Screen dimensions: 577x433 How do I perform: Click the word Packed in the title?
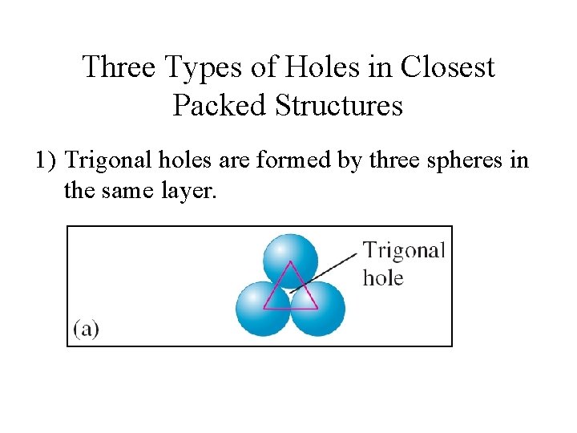pyautogui.click(x=216, y=104)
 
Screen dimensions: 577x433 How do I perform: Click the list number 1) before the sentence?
pyautogui.click(x=46, y=160)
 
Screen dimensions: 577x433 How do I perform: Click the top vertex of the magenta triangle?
pyautogui.click(x=290, y=261)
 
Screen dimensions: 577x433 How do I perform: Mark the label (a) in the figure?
pyautogui.click(x=87, y=329)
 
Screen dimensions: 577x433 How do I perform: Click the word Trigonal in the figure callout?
pyautogui.click(x=403, y=250)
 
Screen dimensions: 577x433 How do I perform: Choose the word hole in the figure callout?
pyautogui.click(x=383, y=278)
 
